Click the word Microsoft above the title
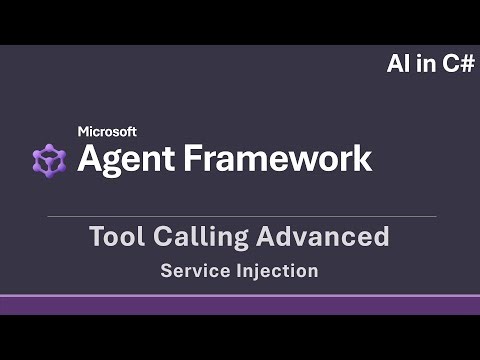[107, 131]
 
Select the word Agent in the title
[125, 158]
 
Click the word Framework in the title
[276, 158]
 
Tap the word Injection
[283, 270]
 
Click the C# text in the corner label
[456, 64]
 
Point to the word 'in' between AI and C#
[424, 64]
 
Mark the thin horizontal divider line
[240, 216]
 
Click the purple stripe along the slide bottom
[240, 303]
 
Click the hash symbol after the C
[465, 64]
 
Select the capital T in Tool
[96, 237]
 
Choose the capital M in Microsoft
[84, 131]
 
